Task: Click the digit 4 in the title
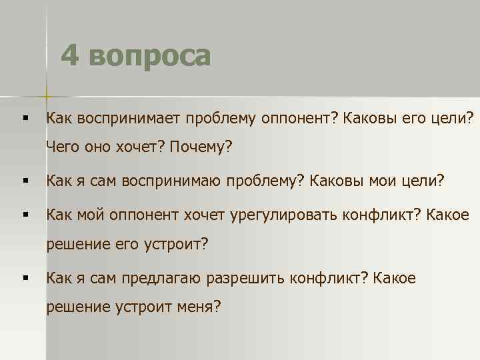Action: point(71,56)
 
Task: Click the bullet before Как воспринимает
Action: point(24,119)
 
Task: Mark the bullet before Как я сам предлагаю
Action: point(24,278)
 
